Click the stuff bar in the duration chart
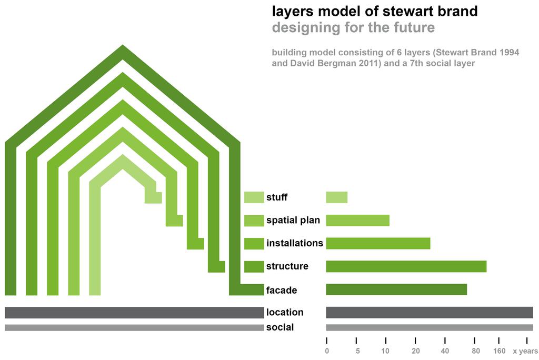(337, 197)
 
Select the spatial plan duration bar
(358, 221)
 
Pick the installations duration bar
(378, 243)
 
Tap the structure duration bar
(406, 266)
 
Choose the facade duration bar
(396, 289)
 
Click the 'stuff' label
(277, 198)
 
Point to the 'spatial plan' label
(293, 221)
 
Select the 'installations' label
(295, 243)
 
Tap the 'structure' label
(287, 266)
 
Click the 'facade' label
(282, 290)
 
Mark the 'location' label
(285, 313)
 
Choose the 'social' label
(280, 327)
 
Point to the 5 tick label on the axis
(357, 351)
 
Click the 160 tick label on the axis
(499, 351)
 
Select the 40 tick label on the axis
(445, 351)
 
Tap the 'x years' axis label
(525, 351)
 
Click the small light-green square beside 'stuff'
(254, 197)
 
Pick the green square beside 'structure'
(254, 266)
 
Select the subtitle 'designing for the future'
(353, 27)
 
